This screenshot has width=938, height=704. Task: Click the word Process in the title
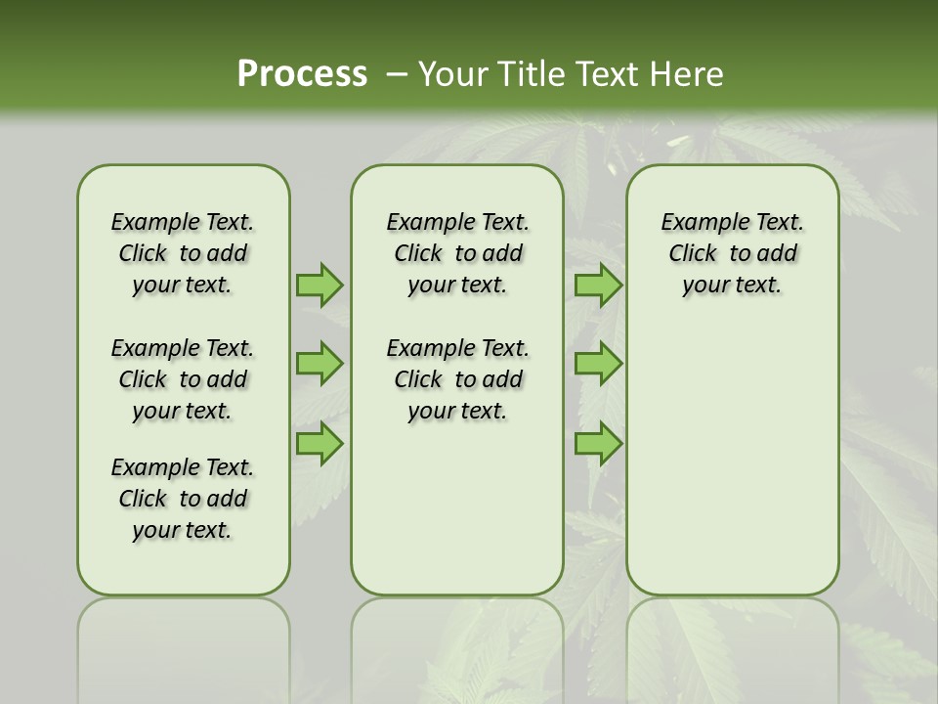point(302,73)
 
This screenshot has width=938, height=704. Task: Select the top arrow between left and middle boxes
point(320,285)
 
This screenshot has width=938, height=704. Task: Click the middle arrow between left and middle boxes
point(320,364)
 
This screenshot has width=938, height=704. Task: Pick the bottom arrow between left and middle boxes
point(320,444)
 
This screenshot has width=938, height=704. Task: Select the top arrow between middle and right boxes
point(598,285)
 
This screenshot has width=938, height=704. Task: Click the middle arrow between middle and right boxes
point(598,364)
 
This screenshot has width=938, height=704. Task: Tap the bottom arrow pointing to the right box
point(598,444)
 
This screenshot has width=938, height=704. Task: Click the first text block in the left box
point(183,253)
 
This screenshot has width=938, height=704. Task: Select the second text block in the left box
point(183,379)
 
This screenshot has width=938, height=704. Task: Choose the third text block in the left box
point(183,499)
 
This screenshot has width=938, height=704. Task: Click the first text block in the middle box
point(457,253)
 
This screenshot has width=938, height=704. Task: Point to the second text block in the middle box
point(457,379)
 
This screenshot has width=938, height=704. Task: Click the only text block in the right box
point(732,253)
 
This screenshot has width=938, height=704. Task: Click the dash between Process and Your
point(397,74)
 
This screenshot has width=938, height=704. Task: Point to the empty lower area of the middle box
point(457,508)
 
